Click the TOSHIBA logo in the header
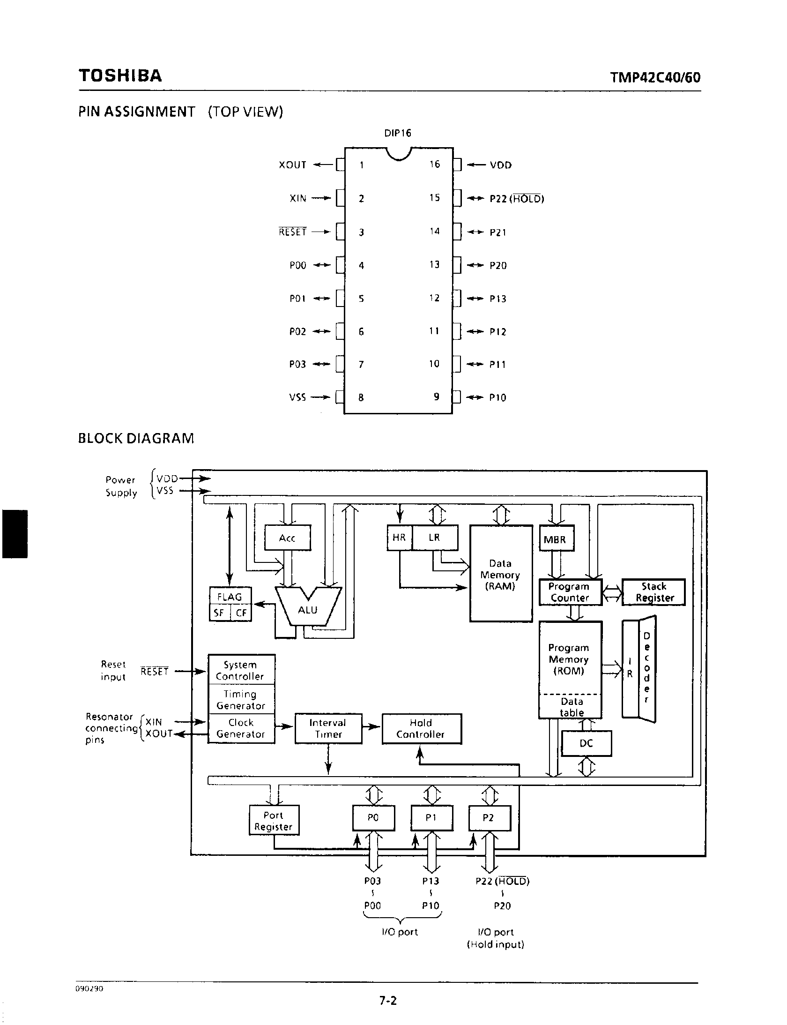pyautogui.click(x=120, y=76)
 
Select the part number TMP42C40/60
pyautogui.click(x=655, y=77)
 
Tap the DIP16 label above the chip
pyautogui.click(x=398, y=133)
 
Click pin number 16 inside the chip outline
pyautogui.click(x=435, y=164)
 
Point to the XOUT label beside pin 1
pyautogui.click(x=292, y=165)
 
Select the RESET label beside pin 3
pyautogui.click(x=292, y=232)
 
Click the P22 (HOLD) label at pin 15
pyautogui.click(x=517, y=199)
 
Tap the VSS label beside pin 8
pyautogui.click(x=297, y=397)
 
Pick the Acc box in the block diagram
pyautogui.click(x=287, y=538)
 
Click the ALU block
pyautogui.click(x=308, y=609)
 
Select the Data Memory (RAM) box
pyautogui.click(x=501, y=574)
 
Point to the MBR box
pyautogui.click(x=555, y=539)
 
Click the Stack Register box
pyautogui.click(x=653, y=592)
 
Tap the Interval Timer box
pyautogui.click(x=328, y=728)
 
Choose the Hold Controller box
pyautogui.click(x=421, y=728)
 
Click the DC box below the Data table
pyautogui.click(x=586, y=743)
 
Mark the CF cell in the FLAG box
pyautogui.click(x=241, y=613)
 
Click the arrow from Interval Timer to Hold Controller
pyautogui.click(x=371, y=727)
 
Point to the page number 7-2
pyautogui.click(x=388, y=1001)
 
